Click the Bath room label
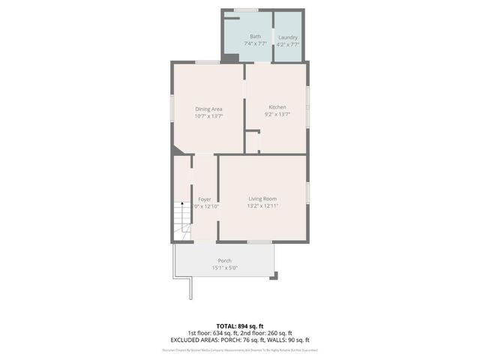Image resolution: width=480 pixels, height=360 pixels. pos(255,37)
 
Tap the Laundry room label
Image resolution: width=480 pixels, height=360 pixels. pos(288,37)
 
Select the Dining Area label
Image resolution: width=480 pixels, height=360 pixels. pos(208,109)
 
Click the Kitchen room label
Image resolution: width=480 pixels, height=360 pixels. pos(277,107)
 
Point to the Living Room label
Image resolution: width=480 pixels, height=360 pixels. pos(263,199)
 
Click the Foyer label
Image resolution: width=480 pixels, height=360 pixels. pos(204,199)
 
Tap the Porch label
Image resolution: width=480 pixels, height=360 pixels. pos(224,260)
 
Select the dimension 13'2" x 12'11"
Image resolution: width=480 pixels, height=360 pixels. pos(263,206)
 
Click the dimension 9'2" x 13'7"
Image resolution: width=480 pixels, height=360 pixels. pos(277,115)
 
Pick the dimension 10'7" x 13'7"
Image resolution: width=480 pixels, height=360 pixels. pos(208,116)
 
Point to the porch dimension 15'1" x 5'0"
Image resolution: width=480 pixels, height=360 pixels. pos(224,268)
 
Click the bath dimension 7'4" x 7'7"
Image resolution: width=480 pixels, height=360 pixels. pos(255,44)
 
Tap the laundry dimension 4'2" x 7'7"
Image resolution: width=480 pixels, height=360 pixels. pos(288,44)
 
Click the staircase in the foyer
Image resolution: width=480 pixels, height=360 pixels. pos(180,221)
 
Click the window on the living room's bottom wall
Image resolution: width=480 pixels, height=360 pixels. pos(259,241)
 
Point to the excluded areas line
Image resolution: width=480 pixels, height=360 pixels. pos(239,340)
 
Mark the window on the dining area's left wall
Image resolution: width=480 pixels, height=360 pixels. pos(172,106)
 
